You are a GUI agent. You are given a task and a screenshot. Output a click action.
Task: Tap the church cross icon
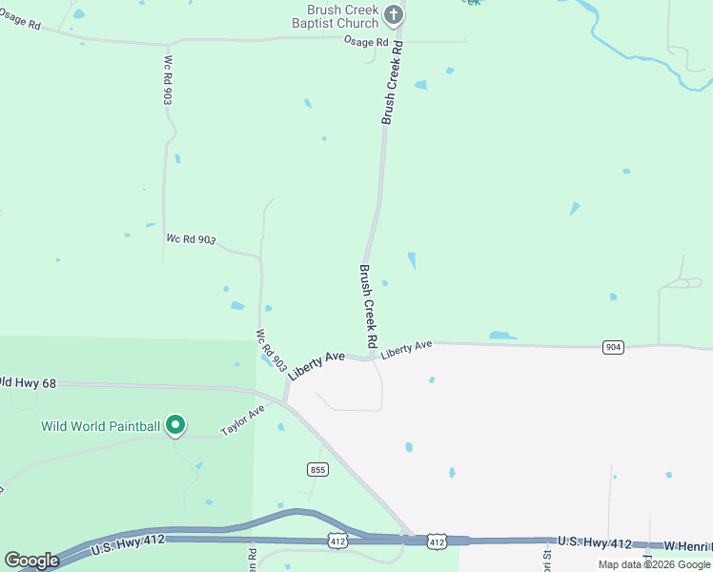[x=390, y=15]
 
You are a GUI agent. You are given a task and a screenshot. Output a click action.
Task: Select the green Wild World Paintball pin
[x=174, y=424]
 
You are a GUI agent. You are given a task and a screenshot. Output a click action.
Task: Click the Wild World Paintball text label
[x=100, y=426]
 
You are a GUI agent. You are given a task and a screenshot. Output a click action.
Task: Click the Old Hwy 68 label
[x=29, y=383]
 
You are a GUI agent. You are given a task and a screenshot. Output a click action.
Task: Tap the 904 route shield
[x=613, y=347]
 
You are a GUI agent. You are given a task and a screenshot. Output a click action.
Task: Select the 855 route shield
[x=318, y=469]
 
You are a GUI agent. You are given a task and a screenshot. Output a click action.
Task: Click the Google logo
[x=31, y=561]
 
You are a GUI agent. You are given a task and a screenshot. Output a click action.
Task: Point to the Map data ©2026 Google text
[x=653, y=564]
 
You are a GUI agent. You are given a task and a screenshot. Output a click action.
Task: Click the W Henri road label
[x=688, y=545]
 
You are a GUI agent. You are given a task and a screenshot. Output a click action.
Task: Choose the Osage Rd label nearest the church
[x=367, y=43]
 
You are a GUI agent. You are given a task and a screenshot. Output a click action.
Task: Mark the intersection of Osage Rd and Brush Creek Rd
[x=398, y=41]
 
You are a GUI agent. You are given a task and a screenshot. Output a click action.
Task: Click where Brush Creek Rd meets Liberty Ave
[x=371, y=358]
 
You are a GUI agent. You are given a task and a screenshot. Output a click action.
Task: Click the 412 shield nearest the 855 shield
[x=337, y=541]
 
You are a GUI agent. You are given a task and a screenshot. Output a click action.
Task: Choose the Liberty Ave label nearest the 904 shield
[x=407, y=349]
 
